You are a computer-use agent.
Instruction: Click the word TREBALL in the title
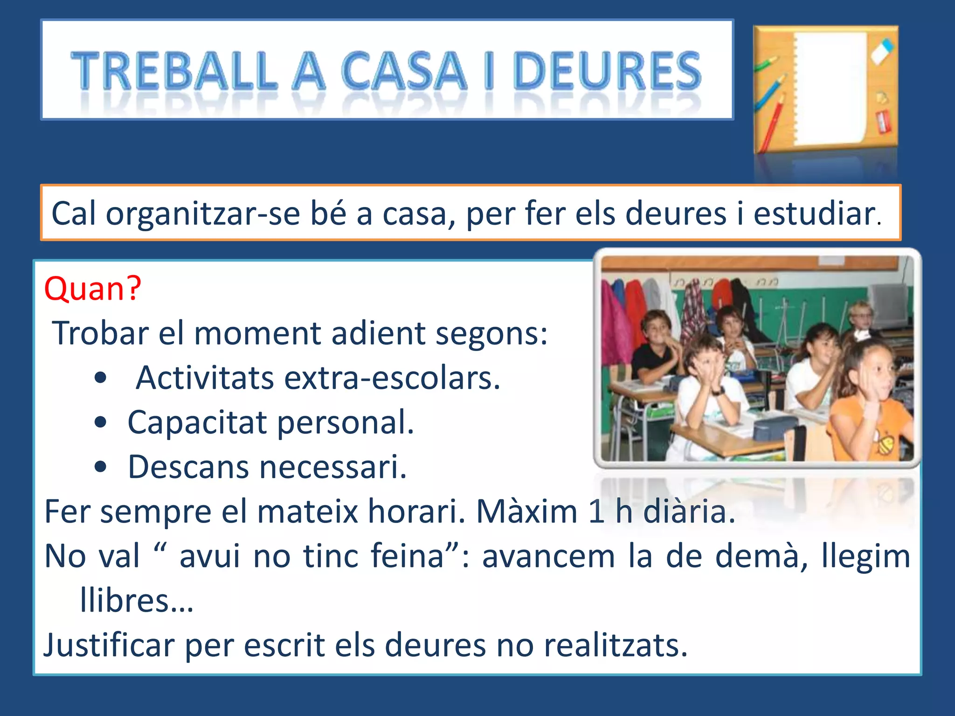click(173, 71)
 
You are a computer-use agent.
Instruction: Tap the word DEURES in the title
click(607, 71)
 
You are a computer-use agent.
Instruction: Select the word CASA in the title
click(404, 71)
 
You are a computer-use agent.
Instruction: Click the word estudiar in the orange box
click(814, 214)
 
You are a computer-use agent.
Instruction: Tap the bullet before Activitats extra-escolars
click(100, 378)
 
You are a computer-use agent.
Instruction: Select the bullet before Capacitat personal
click(100, 423)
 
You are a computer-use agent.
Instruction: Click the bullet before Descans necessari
click(100, 467)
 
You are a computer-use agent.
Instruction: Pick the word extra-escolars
click(392, 378)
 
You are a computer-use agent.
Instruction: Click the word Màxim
click(527, 512)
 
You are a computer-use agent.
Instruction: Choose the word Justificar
click(109, 646)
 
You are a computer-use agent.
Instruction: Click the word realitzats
click(616, 646)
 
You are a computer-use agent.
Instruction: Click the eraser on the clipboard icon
click(881, 51)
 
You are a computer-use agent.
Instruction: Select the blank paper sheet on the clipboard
click(830, 89)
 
